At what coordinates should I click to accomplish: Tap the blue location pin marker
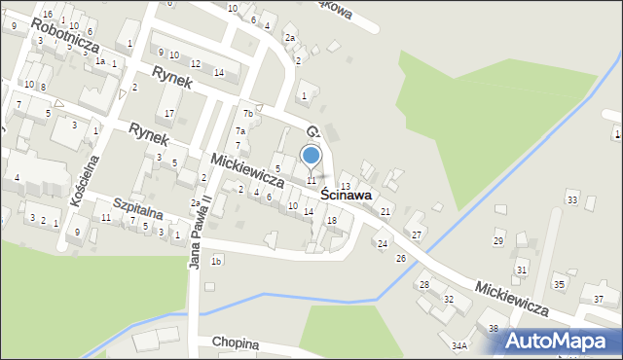(311, 156)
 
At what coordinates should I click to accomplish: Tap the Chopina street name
(236, 343)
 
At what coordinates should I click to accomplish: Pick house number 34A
(459, 344)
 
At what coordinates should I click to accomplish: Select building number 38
(494, 329)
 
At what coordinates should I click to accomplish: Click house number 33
(572, 200)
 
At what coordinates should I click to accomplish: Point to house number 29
(499, 240)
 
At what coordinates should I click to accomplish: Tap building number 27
(416, 235)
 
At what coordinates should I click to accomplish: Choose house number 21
(385, 211)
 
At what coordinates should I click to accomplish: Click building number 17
(169, 114)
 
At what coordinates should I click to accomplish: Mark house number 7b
(248, 114)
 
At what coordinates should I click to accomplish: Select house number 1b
(217, 261)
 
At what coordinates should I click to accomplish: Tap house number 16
(48, 14)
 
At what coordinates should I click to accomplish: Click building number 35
(559, 284)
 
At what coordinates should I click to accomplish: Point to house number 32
(449, 299)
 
